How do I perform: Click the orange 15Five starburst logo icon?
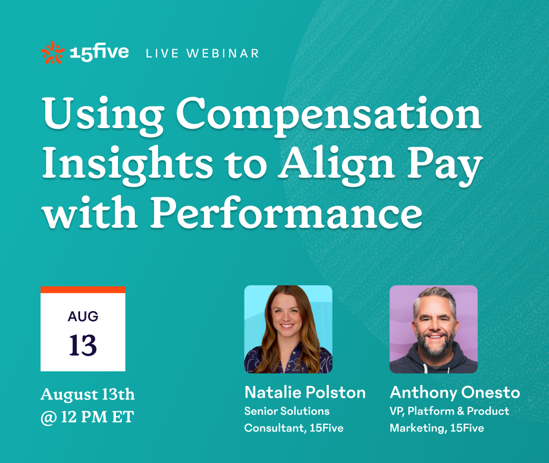pyautogui.click(x=53, y=53)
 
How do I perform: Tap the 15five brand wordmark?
pyautogui.click(x=99, y=52)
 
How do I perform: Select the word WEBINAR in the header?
pyautogui.click(x=223, y=53)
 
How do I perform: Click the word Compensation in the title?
pyautogui.click(x=329, y=115)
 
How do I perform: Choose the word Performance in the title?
pyautogui.click(x=287, y=213)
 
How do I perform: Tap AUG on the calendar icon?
pyautogui.click(x=83, y=316)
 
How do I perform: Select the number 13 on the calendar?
pyautogui.click(x=83, y=345)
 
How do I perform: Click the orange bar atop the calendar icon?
pyautogui.click(x=83, y=290)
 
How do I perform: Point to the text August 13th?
pyautogui.click(x=87, y=394)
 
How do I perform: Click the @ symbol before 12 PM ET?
pyautogui.click(x=48, y=418)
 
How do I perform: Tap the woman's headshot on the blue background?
pyautogui.click(x=288, y=329)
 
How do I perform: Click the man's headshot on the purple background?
pyautogui.click(x=434, y=329)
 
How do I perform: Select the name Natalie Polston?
pyautogui.click(x=305, y=392)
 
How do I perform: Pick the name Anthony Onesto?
pyautogui.click(x=455, y=392)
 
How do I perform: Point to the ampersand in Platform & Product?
pyautogui.click(x=461, y=411)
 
